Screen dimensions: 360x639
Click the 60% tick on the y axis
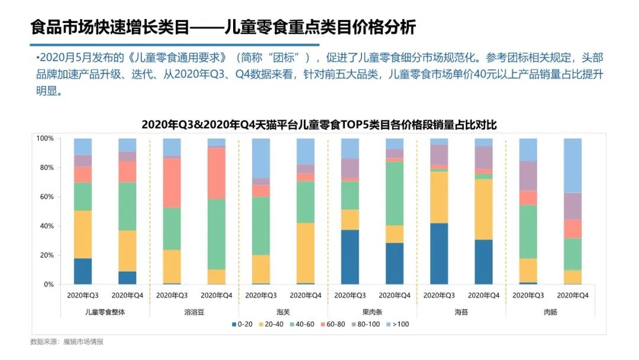tap(46, 197)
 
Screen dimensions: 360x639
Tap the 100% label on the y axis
tap(44, 139)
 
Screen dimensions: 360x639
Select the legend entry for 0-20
tap(244, 324)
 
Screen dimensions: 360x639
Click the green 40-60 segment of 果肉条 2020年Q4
tap(395, 193)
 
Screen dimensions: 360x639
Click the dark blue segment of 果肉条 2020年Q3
tap(350, 257)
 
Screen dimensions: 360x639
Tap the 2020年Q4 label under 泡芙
tap(305, 295)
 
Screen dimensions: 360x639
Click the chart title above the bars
tap(319, 126)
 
